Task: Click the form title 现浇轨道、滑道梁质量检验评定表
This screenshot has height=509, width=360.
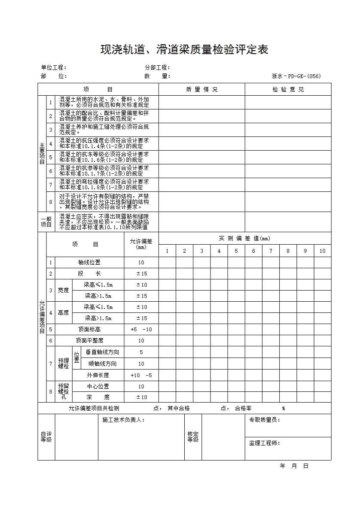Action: point(184,50)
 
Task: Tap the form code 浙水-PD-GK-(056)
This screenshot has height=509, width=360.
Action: point(296,76)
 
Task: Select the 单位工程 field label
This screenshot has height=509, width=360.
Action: point(54,67)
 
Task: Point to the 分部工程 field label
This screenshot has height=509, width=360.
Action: point(158,67)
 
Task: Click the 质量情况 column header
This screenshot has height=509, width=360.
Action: point(201,90)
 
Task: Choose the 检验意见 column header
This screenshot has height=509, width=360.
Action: point(288,90)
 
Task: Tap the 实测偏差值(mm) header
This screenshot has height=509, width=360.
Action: point(244,239)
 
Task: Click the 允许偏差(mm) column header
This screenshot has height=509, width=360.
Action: point(141,244)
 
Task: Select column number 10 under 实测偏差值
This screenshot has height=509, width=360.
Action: point(322,251)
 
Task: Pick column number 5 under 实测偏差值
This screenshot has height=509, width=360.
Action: point(236,251)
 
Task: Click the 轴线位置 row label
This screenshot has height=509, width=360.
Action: point(89,263)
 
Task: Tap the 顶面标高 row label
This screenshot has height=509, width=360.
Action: point(89,330)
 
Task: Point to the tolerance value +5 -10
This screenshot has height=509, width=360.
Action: point(141,330)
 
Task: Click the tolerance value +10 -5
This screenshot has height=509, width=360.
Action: point(141,375)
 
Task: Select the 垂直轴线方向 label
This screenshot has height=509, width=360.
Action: point(103,352)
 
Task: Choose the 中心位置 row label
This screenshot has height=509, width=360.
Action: point(98,386)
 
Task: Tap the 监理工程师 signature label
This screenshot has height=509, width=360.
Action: point(265,443)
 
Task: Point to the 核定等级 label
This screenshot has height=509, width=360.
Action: point(193,437)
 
